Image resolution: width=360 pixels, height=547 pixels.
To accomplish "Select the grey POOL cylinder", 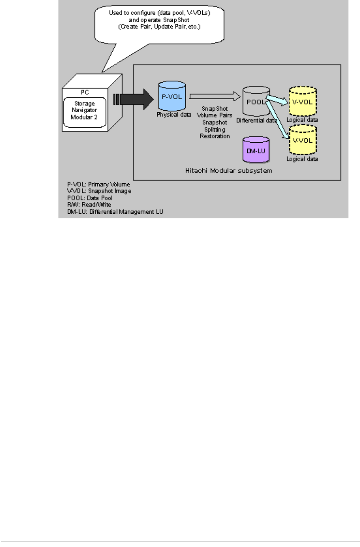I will pyautogui.click(x=256, y=102).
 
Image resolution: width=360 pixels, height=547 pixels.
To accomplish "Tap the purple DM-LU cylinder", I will pyautogui.click(x=256, y=151).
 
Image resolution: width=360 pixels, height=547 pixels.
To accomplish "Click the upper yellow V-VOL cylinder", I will pyautogui.click(x=302, y=102).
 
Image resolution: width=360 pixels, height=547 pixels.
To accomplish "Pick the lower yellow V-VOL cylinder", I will pyautogui.click(x=302, y=141).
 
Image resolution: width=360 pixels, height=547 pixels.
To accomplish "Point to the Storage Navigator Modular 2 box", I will pyautogui.click(x=85, y=111).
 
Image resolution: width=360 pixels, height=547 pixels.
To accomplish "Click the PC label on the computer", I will pyautogui.click(x=85, y=92).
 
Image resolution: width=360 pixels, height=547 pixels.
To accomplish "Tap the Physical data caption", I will pyautogui.click(x=174, y=115).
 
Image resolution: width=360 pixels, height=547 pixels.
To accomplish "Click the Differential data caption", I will pyautogui.click(x=257, y=120).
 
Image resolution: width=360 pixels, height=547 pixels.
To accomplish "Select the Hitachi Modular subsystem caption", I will pyautogui.click(x=228, y=171).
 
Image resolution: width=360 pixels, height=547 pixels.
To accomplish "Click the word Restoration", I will pyautogui.click(x=215, y=136).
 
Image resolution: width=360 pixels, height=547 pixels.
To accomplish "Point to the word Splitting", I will pyautogui.click(x=215, y=130).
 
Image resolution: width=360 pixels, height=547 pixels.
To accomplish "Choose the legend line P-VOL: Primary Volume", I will pyautogui.click(x=98, y=185).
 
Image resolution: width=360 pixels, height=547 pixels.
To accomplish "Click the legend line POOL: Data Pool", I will pyautogui.click(x=90, y=198).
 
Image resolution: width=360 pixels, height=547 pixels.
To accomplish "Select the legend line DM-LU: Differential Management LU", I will pyautogui.click(x=115, y=212).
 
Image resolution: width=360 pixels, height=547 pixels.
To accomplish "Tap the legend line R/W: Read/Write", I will pyautogui.click(x=89, y=205).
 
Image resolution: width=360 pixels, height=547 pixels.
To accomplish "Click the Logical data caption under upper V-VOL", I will pyautogui.click(x=302, y=120).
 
